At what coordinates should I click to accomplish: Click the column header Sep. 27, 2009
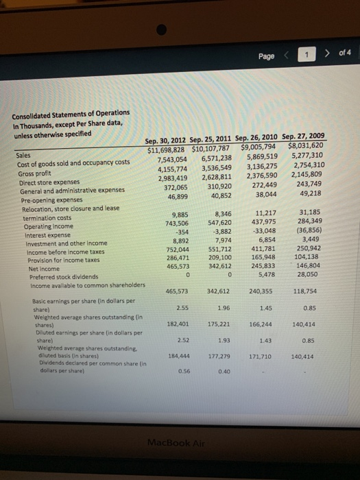304,136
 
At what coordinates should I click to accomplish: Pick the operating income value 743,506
176,224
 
